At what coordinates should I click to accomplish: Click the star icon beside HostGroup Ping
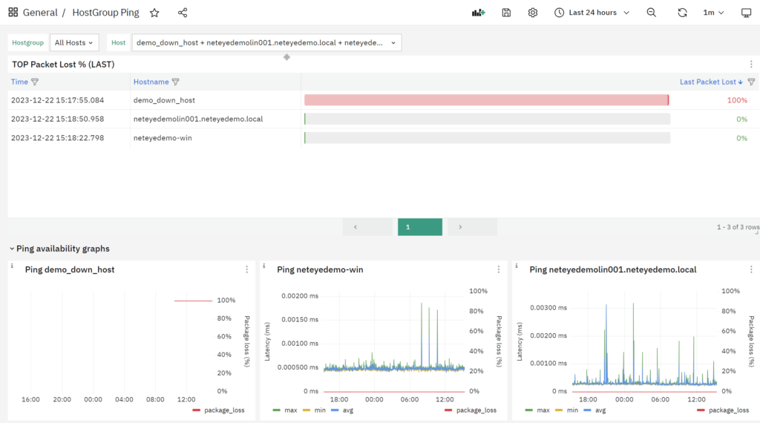tap(154, 13)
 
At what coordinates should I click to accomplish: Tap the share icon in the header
tap(183, 13)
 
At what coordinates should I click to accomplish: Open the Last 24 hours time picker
tap(592, 13)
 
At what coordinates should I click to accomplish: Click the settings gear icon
tap(533, 13)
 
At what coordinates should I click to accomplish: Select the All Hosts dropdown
tap(74, 42)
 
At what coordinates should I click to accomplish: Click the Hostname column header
tap(151, 82)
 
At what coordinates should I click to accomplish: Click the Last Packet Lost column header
tap(707, 82)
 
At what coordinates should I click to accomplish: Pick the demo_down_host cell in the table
tap(164, 100)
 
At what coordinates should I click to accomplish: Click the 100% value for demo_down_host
tap(737, 100)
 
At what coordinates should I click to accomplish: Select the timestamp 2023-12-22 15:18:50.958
tap(58, 119)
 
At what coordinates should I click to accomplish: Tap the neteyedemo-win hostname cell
tap(163, 138)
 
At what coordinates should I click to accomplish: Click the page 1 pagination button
tap(420, 227)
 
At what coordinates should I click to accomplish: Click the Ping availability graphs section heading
tap(63, 249)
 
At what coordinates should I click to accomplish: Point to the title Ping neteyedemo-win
tap(320, 270)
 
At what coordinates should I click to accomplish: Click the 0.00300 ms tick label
tap(548, 308)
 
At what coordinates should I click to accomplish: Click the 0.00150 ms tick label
tap(300, 320)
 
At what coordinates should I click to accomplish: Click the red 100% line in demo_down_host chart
tap(194, 301)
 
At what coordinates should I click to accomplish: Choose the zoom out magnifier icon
tap(652, 13)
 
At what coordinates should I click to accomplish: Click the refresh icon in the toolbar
tap(683, 13)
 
